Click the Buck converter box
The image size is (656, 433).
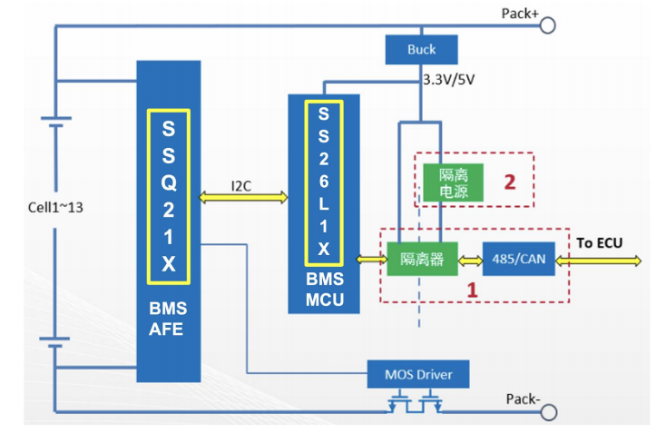(x=421, y=49)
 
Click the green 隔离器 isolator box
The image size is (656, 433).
(x=422, y=259)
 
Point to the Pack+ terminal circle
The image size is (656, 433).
(x=548, y=25)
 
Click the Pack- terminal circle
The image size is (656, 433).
(x=548, y=413)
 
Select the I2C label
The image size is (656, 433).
(x=242, y=186)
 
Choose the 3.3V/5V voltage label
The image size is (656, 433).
(x=449, y=80)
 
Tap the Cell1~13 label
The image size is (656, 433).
(x=55, y=207)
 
